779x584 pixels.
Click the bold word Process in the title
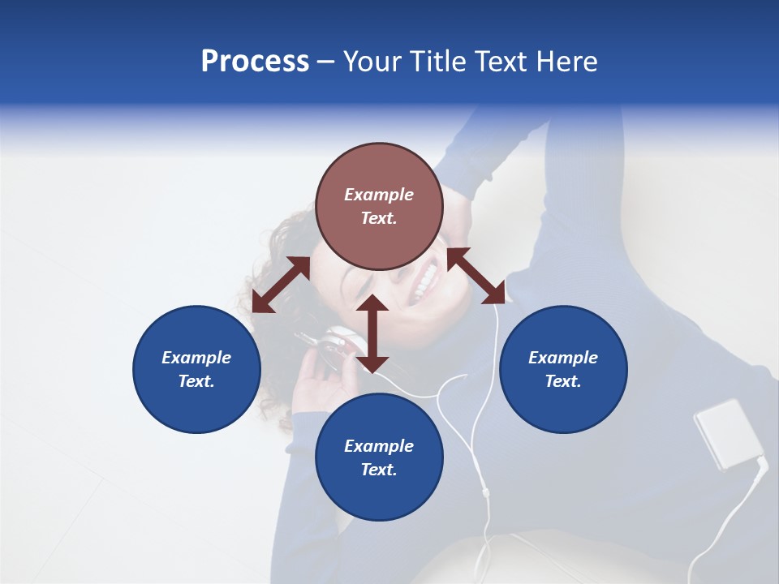255,62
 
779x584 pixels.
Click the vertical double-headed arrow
372,333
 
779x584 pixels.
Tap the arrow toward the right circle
476,276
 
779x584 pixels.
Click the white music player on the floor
727,433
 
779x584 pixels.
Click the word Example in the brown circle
379,195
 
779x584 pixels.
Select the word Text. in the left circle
196,381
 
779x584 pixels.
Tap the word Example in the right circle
563,358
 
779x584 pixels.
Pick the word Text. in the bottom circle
379,470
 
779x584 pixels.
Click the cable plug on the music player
761,464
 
